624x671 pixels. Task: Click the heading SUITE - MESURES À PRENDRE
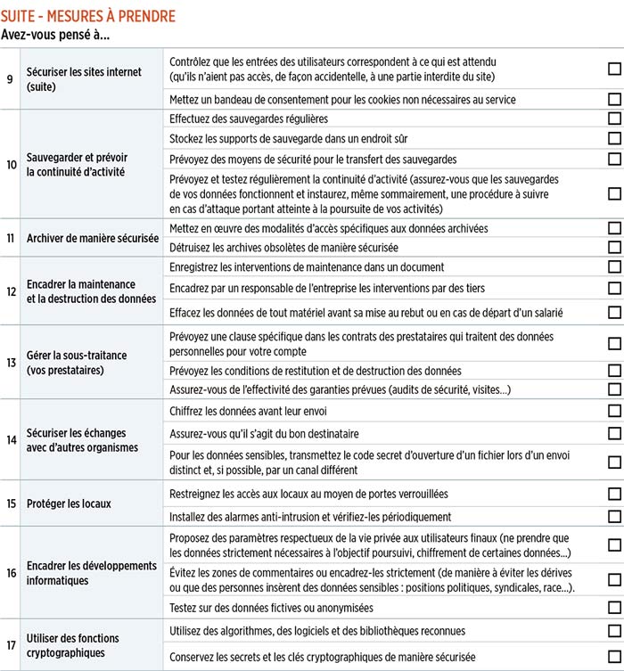[87, 17]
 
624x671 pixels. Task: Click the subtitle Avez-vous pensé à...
[62, 36]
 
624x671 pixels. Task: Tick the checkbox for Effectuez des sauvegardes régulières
[614, 119]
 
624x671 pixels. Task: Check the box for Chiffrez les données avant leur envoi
[614, 411]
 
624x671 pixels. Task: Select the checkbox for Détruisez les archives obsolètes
[614, 247]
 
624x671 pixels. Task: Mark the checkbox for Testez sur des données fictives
[614, 608]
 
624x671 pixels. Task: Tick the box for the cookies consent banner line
[614, 100]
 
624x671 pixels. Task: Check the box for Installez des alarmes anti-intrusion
[614, 517]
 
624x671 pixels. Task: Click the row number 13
[11, 363]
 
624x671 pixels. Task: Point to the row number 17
[11, 645]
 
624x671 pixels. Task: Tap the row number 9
[10, 79]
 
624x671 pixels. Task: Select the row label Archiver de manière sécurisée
[93, 239]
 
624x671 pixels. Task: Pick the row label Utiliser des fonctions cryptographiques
[73, 645]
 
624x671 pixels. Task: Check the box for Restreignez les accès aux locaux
[614, 494]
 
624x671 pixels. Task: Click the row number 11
[11, 239]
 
